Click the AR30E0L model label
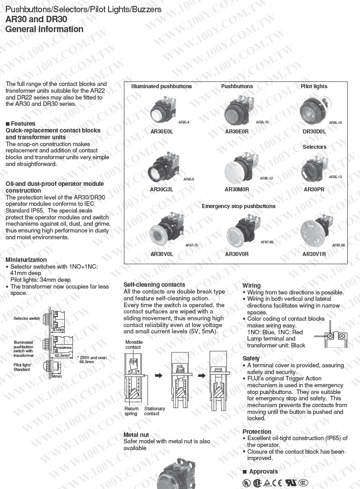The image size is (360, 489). tap(161, 132)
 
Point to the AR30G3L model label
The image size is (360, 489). tap(161, 190)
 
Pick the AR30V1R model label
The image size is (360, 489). tap(314, 254)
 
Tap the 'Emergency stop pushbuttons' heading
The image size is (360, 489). tap(238, 206)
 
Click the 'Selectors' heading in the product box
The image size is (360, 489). tap(314, 147)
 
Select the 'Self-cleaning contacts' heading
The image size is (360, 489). tap(154, 285)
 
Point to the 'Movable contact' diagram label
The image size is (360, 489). tap(133, 344)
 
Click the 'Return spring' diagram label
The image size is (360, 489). tap(131, 411)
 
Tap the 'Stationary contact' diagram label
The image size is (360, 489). tap(154, 411)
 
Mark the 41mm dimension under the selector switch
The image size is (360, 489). tap(57, 330)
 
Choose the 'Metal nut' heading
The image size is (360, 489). tap(136, 435)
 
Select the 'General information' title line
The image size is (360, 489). tap(44, 29)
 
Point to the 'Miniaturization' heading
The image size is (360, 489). tap(26, 260)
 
